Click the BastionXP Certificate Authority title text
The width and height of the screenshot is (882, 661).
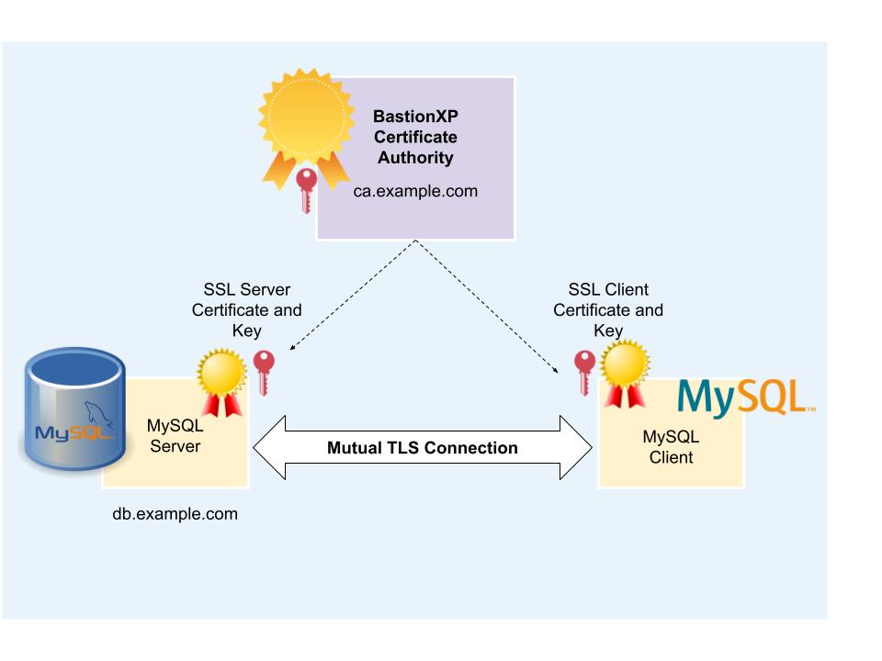[414, 138]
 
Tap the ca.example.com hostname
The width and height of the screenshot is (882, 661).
[415, 192]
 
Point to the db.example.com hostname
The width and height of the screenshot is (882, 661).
[175, 514]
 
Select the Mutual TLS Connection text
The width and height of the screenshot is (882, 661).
[423, 448]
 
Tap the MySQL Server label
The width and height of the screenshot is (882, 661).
[175, 436]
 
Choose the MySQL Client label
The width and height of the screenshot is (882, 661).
[671, 447]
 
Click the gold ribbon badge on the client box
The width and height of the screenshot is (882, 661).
[625, 372]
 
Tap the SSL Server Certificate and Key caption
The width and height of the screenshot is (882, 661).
[246, 310]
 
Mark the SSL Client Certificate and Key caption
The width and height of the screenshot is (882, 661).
[608, 310]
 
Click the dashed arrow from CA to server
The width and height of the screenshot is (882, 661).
[354, 294]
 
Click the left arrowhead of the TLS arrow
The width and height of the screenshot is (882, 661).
[267, 448]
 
